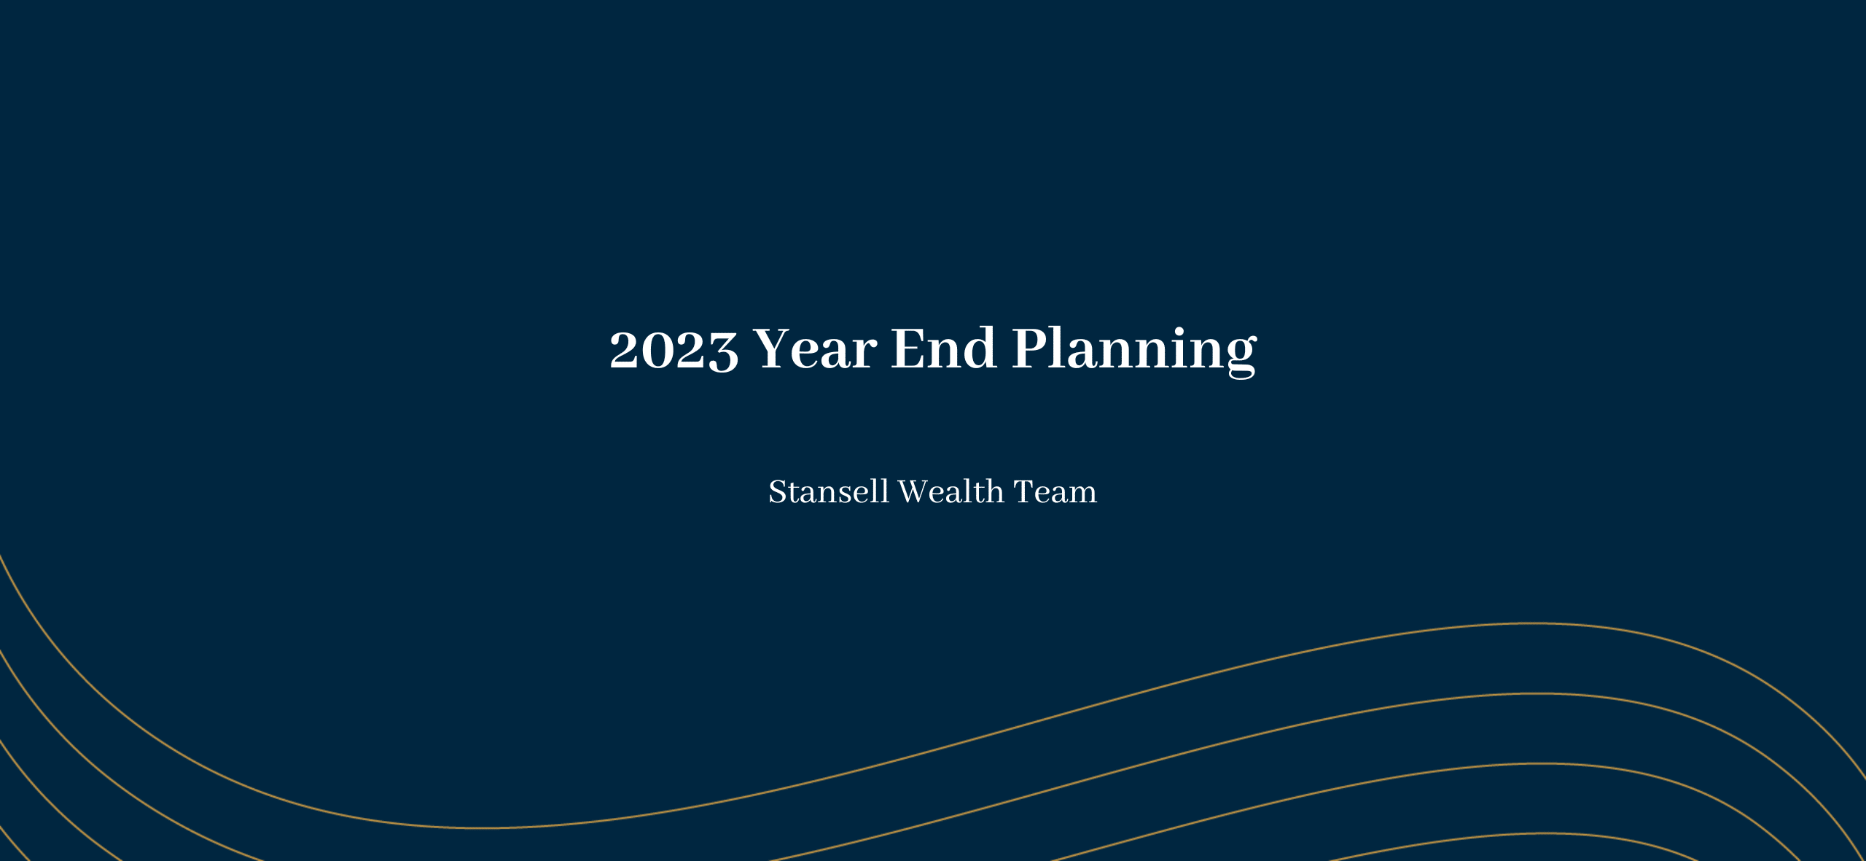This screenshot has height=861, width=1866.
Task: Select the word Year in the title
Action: (x=814, y=348)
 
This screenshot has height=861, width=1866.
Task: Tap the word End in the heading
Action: (x=944, y=348)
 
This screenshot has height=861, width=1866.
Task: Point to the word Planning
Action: (x=1134, y=351)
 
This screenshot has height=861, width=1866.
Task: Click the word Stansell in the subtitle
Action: (x=829, y=491)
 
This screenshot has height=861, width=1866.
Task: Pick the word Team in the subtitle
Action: (x=1055, y=492)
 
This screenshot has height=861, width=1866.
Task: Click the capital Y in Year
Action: (x=775, y=348)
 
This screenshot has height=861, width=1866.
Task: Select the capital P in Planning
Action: (x=1031, y=348)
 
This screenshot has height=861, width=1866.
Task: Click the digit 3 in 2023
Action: (x=723, y=351)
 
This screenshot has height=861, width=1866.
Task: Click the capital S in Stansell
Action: (x=778, y=492)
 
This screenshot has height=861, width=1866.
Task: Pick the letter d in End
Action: (x=980, y=348)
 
